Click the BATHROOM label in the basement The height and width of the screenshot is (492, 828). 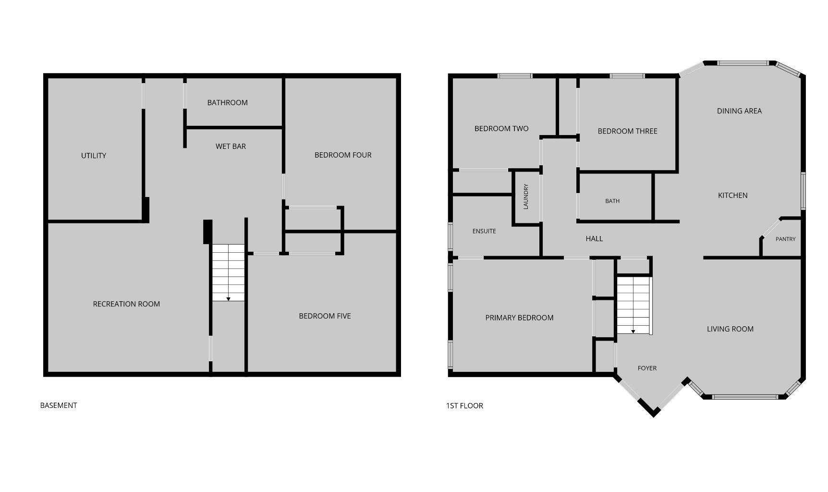[x=227, y=102]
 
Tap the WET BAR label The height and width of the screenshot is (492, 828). [x=231, y=146]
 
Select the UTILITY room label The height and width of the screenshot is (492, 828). [x=94, y=155]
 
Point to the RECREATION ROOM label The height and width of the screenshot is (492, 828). [x=126, y=304]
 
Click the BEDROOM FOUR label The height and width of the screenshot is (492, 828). [x=343, y=155]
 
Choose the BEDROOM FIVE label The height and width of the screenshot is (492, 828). [x=325, y=316]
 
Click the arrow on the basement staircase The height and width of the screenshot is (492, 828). [x=228, y=299]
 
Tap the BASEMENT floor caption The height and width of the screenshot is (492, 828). [x=59, y=405]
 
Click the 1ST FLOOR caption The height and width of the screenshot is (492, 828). [x=464, y=406]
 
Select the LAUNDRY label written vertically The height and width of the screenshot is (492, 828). [x=525, y=197]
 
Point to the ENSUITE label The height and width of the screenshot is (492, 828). [x=484, y=231]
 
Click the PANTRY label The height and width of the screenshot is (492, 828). [x=785, y=239]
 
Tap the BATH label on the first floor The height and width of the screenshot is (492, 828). [x=612, y=201]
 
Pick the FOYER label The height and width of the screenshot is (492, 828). [x=647, y=368]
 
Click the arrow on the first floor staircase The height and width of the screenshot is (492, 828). [x=633, y=331]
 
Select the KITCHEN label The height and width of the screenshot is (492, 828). [x=732, y=195]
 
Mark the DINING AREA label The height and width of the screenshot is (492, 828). [x=739, y=111]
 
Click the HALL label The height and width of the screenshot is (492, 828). [x=594, y=238]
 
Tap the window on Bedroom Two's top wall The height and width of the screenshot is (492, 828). [x=514, y=75]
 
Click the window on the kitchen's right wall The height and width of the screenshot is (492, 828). [x=803, y=191]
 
